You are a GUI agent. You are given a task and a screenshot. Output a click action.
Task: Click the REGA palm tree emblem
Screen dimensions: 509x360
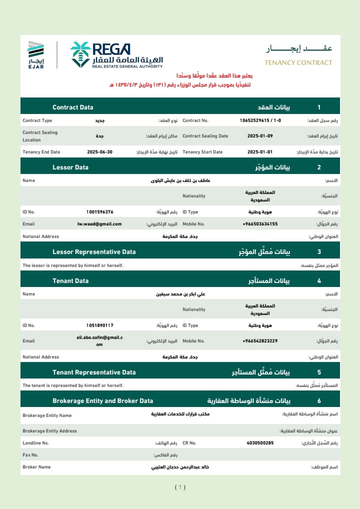(80, 54)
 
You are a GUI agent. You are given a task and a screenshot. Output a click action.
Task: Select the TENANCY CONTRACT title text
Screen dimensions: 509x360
(298, 62)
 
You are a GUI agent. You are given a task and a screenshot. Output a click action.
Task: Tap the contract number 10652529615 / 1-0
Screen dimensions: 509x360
(260, 120)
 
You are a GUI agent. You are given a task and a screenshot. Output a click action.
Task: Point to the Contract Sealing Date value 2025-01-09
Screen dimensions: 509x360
(260, 136)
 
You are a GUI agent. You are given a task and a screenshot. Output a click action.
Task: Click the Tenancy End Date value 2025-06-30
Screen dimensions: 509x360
(99, 152)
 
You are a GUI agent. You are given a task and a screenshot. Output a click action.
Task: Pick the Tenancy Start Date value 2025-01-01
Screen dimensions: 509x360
(260, 152)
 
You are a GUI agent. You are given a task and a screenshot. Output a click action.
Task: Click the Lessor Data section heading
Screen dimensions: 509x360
(70, 167)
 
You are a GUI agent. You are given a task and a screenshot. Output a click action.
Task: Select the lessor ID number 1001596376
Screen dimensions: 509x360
(99, 212)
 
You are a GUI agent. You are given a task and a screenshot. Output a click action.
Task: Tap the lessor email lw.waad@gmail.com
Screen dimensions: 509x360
(99, 224)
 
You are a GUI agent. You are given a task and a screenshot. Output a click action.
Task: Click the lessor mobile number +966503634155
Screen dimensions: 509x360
(260, 224)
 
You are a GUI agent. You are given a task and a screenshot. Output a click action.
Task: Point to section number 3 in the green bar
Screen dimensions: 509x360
(319, 252)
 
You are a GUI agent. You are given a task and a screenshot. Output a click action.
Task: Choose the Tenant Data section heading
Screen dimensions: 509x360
(70, 281)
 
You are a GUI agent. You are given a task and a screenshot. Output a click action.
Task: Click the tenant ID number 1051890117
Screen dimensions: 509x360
(99, 325)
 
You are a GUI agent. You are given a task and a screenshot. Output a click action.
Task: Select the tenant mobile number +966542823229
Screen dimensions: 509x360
(260, 341)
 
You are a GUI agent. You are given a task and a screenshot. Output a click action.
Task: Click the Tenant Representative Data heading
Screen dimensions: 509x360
(94, 372)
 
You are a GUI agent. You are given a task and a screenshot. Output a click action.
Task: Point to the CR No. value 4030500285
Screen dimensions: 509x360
(260, 443)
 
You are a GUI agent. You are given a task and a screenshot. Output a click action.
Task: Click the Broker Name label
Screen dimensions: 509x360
(36, 467)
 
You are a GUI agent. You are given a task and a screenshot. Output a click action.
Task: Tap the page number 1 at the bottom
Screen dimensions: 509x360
(180, 487)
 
